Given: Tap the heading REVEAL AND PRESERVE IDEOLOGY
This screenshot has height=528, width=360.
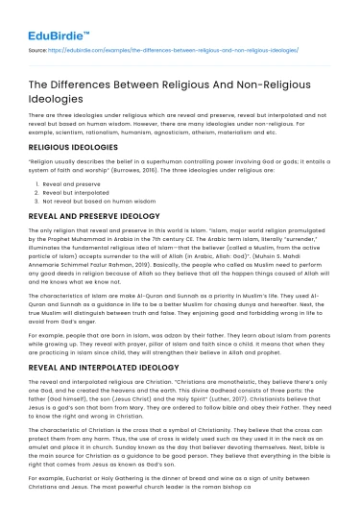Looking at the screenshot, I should tap(93, 217).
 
